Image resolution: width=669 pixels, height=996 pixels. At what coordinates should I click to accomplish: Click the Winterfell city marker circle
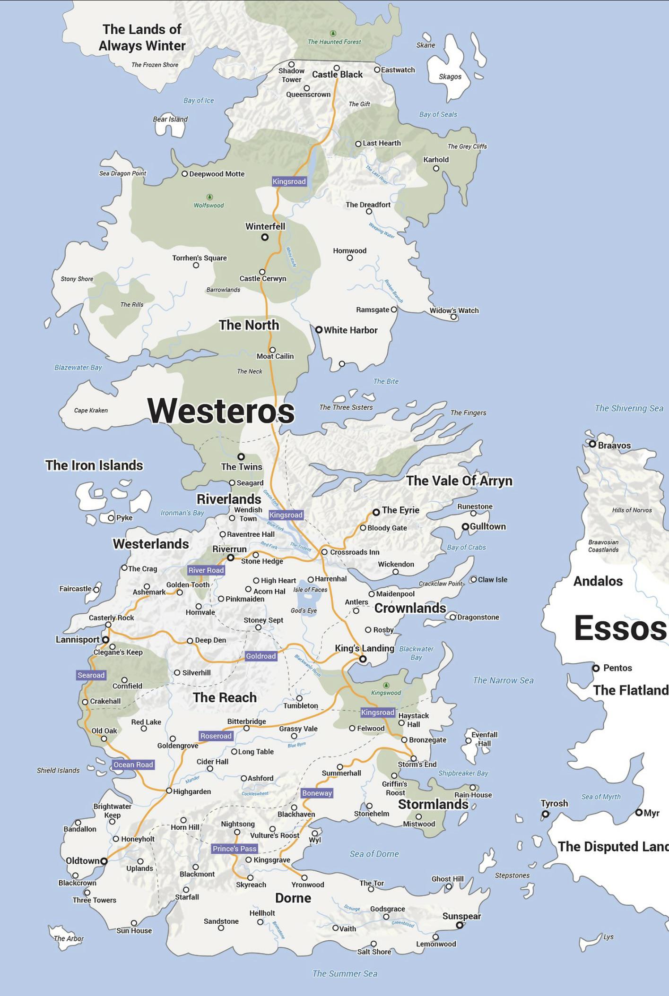click(265, 237)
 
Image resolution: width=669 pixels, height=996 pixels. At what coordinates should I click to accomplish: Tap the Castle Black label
click(337, 75)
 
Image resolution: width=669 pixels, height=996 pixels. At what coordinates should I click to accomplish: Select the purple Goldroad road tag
click(261, 656)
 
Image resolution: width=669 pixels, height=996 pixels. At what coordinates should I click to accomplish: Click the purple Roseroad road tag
click(216, 736)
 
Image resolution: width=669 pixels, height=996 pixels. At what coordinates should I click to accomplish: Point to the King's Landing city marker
click(363, 659)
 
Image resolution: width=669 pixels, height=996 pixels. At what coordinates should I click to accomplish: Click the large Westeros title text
click(221, 410)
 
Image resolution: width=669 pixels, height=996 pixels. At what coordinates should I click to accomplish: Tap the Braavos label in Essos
click(614, 445)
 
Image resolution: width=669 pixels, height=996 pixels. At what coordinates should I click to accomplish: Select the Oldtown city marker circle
click(104, 861)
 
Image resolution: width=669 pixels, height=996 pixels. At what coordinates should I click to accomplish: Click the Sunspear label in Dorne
click(461, 916)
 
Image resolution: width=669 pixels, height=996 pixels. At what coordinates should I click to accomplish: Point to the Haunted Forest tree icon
click(333, 33)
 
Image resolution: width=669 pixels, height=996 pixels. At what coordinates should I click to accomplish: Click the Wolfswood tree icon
click(209, 197)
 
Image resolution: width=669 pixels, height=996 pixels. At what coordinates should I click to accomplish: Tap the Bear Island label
click(170, 119)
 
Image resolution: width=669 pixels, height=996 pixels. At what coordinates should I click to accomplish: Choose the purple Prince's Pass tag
click(235, 849)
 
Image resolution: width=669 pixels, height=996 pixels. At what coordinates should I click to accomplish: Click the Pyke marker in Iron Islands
click(111, 517)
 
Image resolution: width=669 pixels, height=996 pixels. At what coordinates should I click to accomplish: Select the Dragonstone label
click(478, 617)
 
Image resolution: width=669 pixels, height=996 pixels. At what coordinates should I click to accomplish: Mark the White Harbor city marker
click(319, 329)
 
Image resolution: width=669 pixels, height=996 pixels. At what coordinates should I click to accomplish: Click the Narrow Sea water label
click(503, 680)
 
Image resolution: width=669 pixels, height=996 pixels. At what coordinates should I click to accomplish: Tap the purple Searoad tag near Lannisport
click(91, 675)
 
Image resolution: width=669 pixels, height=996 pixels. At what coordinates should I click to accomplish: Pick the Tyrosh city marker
click(545, 814)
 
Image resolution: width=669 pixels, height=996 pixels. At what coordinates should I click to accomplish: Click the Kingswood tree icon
click(386, 685)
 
